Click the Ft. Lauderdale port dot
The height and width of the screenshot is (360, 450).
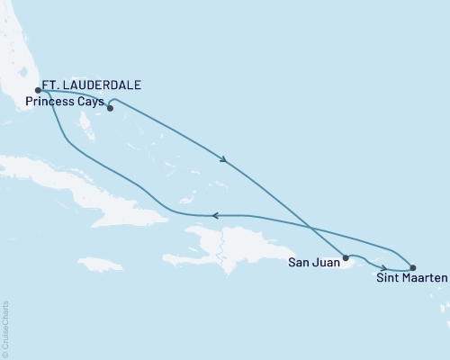click(x=38, y=90)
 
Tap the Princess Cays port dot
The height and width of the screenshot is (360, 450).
click(x=110, y=109)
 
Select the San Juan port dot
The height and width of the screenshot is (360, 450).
click(x=346, y=257)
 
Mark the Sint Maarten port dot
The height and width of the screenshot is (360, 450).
click(x=413, y=267)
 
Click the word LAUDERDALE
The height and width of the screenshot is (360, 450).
click(x=103, y=85)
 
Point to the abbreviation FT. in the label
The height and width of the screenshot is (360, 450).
click(x=54, y=85)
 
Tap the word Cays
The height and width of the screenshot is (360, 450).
click(x=91, y=102)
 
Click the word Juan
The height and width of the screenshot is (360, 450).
click(x=328, y=264)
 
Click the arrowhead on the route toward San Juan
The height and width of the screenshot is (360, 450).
click(x=222, y=160)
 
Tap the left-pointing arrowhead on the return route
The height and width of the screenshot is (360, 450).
click(x=213, y=215)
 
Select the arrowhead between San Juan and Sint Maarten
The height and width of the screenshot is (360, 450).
click(x=385, y=268)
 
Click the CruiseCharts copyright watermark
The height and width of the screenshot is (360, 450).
click(x=5, y=328)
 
